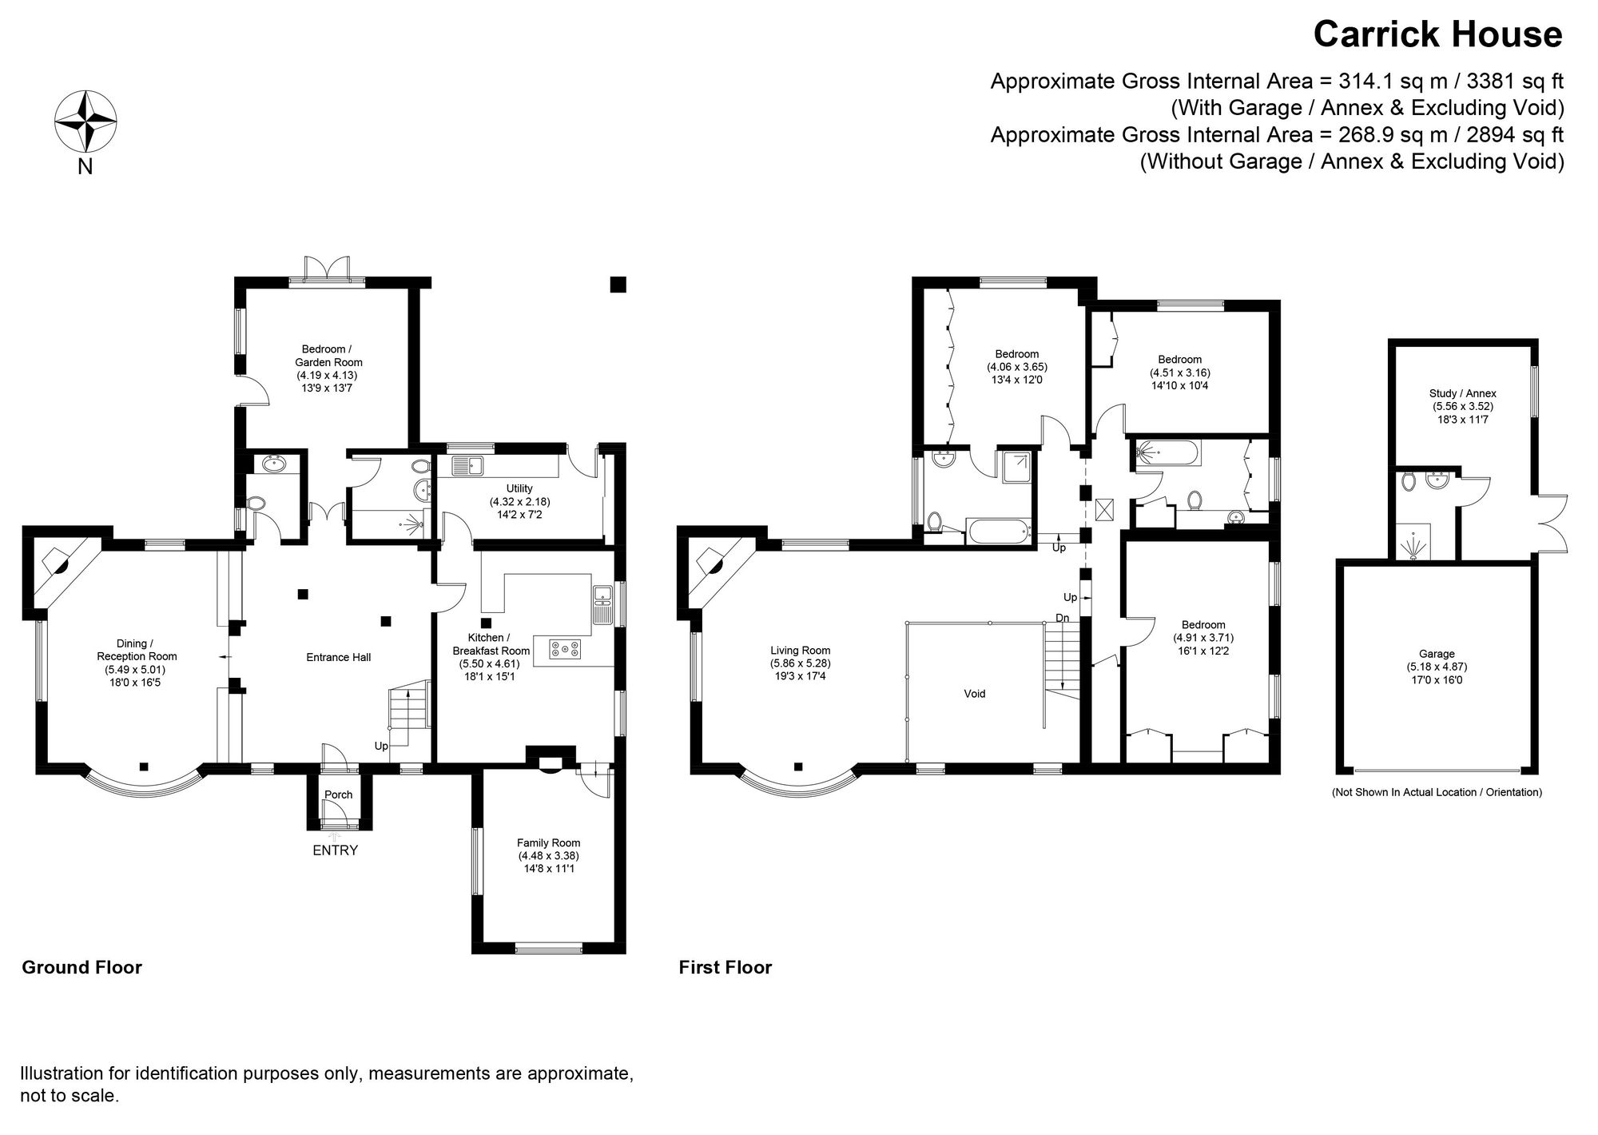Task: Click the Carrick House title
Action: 1437,34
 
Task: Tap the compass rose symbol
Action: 85,122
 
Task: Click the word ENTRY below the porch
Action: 335,850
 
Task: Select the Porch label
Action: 339,794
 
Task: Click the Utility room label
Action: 519,488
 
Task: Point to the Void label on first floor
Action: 974,694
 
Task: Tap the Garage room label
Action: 1437,654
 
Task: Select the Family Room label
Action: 548,842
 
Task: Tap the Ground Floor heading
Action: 81,967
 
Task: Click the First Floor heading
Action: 725,967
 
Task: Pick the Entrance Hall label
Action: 339,657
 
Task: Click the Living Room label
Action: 800,651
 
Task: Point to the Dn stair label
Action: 1062,618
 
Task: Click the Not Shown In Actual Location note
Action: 1436,792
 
